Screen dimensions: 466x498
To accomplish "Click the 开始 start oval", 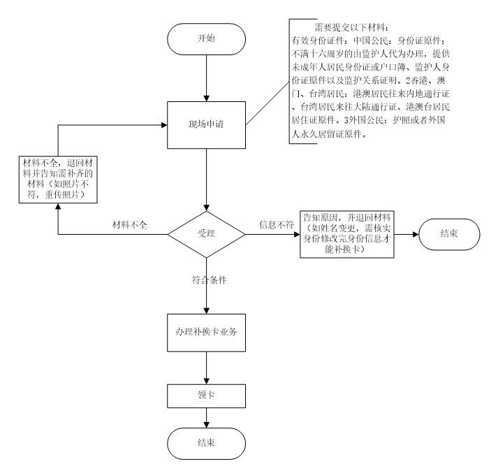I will point(207,37).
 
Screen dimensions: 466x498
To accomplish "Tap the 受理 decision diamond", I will point(207,233).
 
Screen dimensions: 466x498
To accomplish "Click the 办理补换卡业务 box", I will point(207,331).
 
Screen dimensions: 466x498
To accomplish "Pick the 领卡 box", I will point(207,395).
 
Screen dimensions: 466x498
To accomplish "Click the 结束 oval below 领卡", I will point(207,442).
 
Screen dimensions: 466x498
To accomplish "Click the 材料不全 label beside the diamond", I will point(131,225).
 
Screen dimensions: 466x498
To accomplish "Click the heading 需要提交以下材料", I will point(345,27).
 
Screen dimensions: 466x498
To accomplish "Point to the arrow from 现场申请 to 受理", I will point(207,175).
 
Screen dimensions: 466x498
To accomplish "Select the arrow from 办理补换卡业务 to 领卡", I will point(207,366).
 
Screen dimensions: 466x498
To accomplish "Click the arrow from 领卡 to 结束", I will point(207,417).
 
